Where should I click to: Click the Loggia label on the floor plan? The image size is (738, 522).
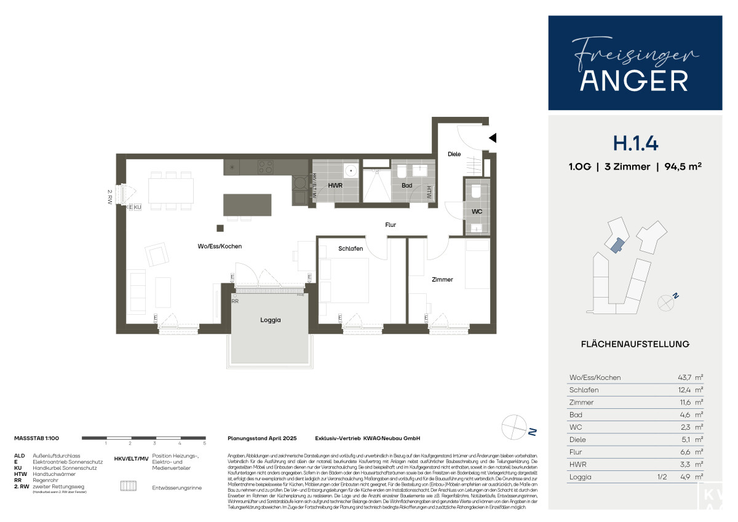[270, 320]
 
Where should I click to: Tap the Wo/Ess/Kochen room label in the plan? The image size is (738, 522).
[220, 246]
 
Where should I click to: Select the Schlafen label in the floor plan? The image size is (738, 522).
[351, 248]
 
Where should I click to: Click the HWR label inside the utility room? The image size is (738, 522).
[335, 184]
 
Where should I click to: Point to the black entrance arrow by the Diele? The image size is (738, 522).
[492, 138]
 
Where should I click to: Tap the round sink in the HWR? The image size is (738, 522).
[351, 170]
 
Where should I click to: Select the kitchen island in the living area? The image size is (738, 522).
[247, 205]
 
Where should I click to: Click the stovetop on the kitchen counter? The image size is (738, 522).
[265, 167]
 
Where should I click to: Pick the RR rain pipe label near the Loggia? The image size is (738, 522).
[235, 301]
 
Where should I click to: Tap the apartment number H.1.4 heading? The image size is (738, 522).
[635, 143]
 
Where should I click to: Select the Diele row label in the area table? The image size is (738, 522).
[577, 440]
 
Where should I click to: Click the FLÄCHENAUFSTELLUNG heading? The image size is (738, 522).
[635, 344]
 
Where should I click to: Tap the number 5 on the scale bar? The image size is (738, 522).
[204, 443]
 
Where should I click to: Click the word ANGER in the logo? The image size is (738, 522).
[635, 80]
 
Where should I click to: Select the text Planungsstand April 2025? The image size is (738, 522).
[262, 438]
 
